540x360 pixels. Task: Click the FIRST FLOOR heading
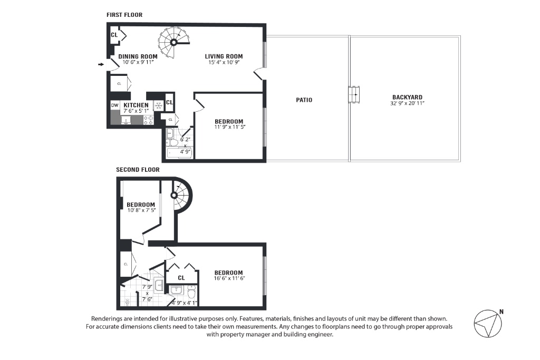coord(124,15)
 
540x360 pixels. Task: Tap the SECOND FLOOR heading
coord(138,170)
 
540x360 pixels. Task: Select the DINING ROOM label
coord(138,56)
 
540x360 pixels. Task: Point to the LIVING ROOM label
coord(224,56)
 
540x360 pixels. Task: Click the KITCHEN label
coord(136,105)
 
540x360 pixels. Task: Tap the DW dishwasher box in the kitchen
coord(114,105)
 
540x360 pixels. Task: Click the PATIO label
coord(304,100)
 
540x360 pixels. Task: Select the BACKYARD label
coord(407,98)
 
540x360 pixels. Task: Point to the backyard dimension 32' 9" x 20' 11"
coord(407,103)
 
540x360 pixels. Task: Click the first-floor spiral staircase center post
coord(174,42)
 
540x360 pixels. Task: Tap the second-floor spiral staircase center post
coord(174,196)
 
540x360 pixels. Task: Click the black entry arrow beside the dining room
coord(101,64)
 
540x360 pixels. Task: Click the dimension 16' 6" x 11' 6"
coord(229,278)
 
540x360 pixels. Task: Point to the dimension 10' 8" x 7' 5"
coord(141,210)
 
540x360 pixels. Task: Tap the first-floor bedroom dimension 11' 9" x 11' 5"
coord(229,127)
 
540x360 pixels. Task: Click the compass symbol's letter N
coord(502,312)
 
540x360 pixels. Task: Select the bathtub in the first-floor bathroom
coord(179,153)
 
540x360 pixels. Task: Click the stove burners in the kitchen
coord(149,120)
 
